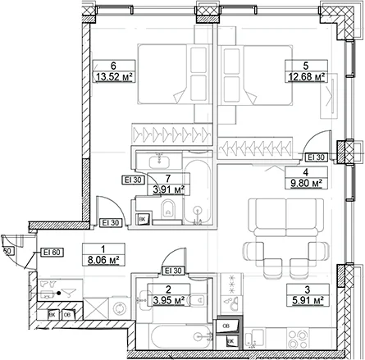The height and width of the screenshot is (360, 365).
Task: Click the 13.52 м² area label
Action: click(x=114, y=77)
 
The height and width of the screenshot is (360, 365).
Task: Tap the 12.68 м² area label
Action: click(x=307, y=77)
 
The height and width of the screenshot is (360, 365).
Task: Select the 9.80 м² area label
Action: click(x=306, y=183)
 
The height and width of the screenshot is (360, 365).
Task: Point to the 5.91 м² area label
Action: click(x=308, y=300)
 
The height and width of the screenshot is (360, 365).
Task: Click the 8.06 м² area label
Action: click(x=103, y=260)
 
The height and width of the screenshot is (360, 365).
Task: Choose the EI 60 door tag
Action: click(x=52, y=252)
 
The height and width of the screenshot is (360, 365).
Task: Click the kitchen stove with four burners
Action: click(x=299, y=339)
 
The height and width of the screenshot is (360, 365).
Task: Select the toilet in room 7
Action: click(x=168, y=210)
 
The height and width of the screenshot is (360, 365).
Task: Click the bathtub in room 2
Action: click(x=181, y=336)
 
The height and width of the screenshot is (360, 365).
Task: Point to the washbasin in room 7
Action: click(x=159, y=162)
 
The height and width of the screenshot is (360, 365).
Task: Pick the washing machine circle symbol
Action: click(x=120, y=309)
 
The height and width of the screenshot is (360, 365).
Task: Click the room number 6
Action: click(x=113, y=66)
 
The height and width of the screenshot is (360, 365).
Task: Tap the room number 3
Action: click(x=308, y=289)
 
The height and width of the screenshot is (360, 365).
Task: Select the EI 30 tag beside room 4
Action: click(x=316, y=157)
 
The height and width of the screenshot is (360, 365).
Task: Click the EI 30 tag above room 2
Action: click(x=173, y=271)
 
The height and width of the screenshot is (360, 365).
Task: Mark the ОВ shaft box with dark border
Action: click(x=226, y=326)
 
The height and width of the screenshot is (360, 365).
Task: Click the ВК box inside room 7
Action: click(x=143, y=219)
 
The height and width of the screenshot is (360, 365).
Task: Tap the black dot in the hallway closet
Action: click(x=58, y=294)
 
